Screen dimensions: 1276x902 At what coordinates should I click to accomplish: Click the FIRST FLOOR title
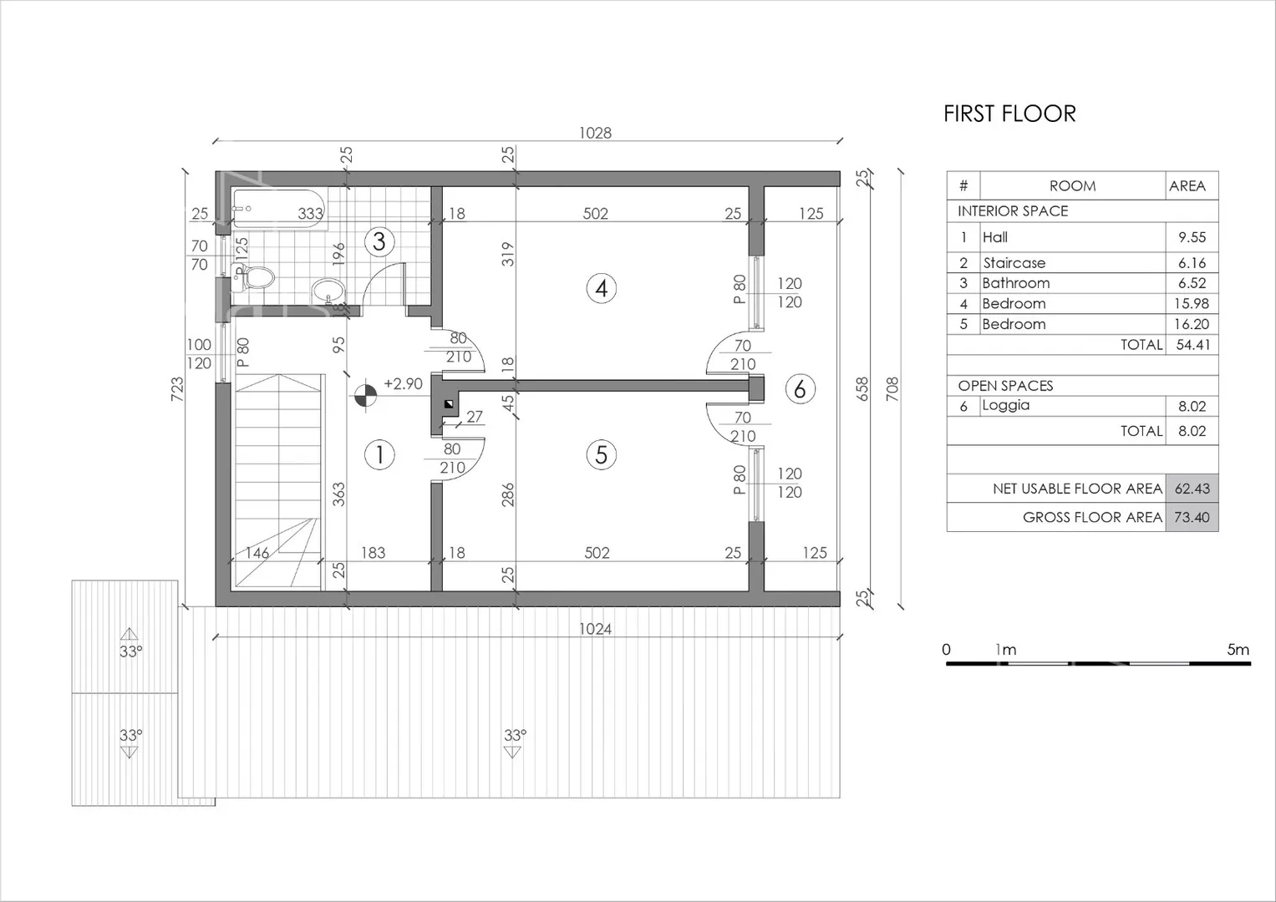pyautogui.click(x=1009, y=114)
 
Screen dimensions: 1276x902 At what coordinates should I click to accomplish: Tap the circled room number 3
pyautogui.click(x=379, y=242)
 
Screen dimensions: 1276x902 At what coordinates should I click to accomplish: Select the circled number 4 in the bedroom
pyautogui.click(x=602, y=289)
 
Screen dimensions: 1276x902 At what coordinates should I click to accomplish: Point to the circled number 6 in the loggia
pyautogui.click(x=800, y=389)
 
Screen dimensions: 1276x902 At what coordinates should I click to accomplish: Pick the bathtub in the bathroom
pyautogui.click(x=279, y=210)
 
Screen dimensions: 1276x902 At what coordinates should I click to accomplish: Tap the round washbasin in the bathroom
pyautogui.click(x=328, y=291)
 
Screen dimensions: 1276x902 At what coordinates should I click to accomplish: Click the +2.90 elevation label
pyautogui.click(x=404, y=384)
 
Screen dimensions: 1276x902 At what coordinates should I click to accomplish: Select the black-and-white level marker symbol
pyautogui.click(x=365, y=396)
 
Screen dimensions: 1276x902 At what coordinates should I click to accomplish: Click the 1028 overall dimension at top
pyautogui.click(x=595, y=133)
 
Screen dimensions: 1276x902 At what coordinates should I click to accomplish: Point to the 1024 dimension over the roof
pyautogui.click(x=595, y=629)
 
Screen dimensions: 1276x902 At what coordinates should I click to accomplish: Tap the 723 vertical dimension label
pyautogui.click(x=178, y=389)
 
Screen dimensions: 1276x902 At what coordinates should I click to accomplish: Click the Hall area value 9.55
pyautogui.click(x=1192, y=237)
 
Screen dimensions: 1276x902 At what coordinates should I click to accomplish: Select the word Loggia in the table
pyautogui.click(x=1006, y=405)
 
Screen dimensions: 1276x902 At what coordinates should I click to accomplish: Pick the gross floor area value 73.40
pyautogui.click(x=1192, y=517)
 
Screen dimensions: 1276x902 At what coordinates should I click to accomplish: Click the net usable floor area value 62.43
pyautogui.click(x=1192, y=489)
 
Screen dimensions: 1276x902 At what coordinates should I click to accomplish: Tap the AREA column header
pyautogui.click(x=1187, y=186)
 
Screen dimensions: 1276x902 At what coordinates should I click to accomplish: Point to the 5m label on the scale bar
pyautogui.click(x=1238, y=650)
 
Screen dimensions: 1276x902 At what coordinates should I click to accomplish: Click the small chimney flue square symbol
pyautogui.click(x=449, y=404)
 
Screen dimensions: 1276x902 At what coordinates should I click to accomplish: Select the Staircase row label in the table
pyautogui.click(x=1014, y=263)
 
